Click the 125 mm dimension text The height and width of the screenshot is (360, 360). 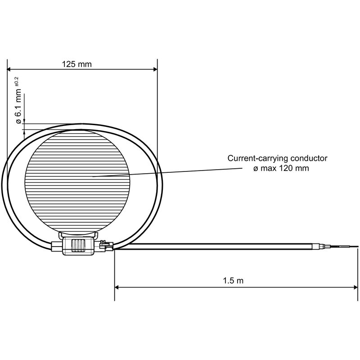(76, 64)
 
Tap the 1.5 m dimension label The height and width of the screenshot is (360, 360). (233, 281)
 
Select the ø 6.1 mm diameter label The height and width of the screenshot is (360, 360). (18, 106)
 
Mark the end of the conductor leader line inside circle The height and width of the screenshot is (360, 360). (93, 176)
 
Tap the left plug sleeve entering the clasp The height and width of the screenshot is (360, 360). (57, 247)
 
